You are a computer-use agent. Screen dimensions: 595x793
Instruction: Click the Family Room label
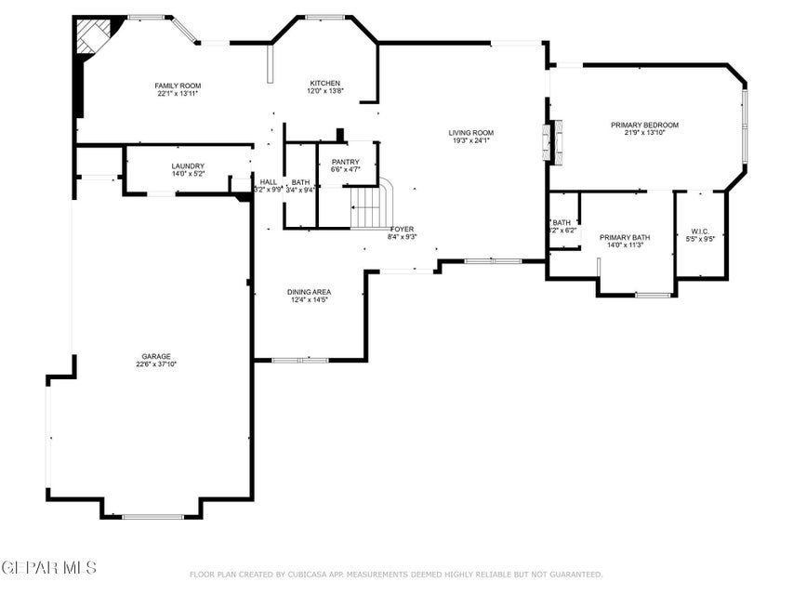pos(178,86)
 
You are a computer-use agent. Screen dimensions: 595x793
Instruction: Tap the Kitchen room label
pos(325,83)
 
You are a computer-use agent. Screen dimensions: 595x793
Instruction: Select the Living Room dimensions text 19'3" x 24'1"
pos(471,141)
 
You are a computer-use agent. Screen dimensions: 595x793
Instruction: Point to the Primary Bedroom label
pos(644,125)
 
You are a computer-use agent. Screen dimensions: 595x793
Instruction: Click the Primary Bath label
pos(625,237)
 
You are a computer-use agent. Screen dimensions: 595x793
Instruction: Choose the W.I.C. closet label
pos(700,231)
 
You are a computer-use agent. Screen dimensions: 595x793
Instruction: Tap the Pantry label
pos(345,162)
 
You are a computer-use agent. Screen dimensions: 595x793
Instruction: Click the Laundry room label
pos(187,165)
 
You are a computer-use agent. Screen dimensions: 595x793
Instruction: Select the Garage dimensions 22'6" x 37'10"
pos(156,364)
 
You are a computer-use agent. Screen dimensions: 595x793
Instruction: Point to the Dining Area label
pos(308,291)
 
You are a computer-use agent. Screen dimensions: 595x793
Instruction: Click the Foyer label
pos(402,229)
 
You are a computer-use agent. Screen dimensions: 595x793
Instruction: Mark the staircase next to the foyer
pos(371,206)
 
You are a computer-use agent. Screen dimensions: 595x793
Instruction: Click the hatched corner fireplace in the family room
pos(93,37)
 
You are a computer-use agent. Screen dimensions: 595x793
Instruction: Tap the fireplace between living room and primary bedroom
pos(552,141)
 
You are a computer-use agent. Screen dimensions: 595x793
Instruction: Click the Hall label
pos(269,181)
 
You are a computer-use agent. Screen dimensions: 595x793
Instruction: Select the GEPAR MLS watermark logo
pos(48,566)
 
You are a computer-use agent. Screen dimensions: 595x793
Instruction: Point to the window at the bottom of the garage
pos(152,516)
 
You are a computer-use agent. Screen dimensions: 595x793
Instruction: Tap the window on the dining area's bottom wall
pos(299,360)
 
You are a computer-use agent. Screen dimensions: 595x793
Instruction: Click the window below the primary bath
pos(653,295)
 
